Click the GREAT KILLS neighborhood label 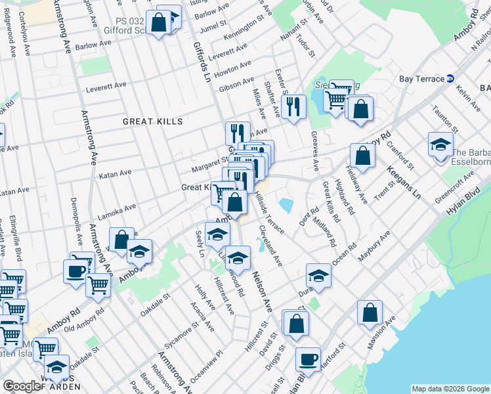(152, 121)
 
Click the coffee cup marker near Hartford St (308, 360)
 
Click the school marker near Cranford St (440, 144)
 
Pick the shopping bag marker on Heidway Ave (362, 156)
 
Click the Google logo (22, 386)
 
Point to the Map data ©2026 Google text (450, 388)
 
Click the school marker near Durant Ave (318, 275)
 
